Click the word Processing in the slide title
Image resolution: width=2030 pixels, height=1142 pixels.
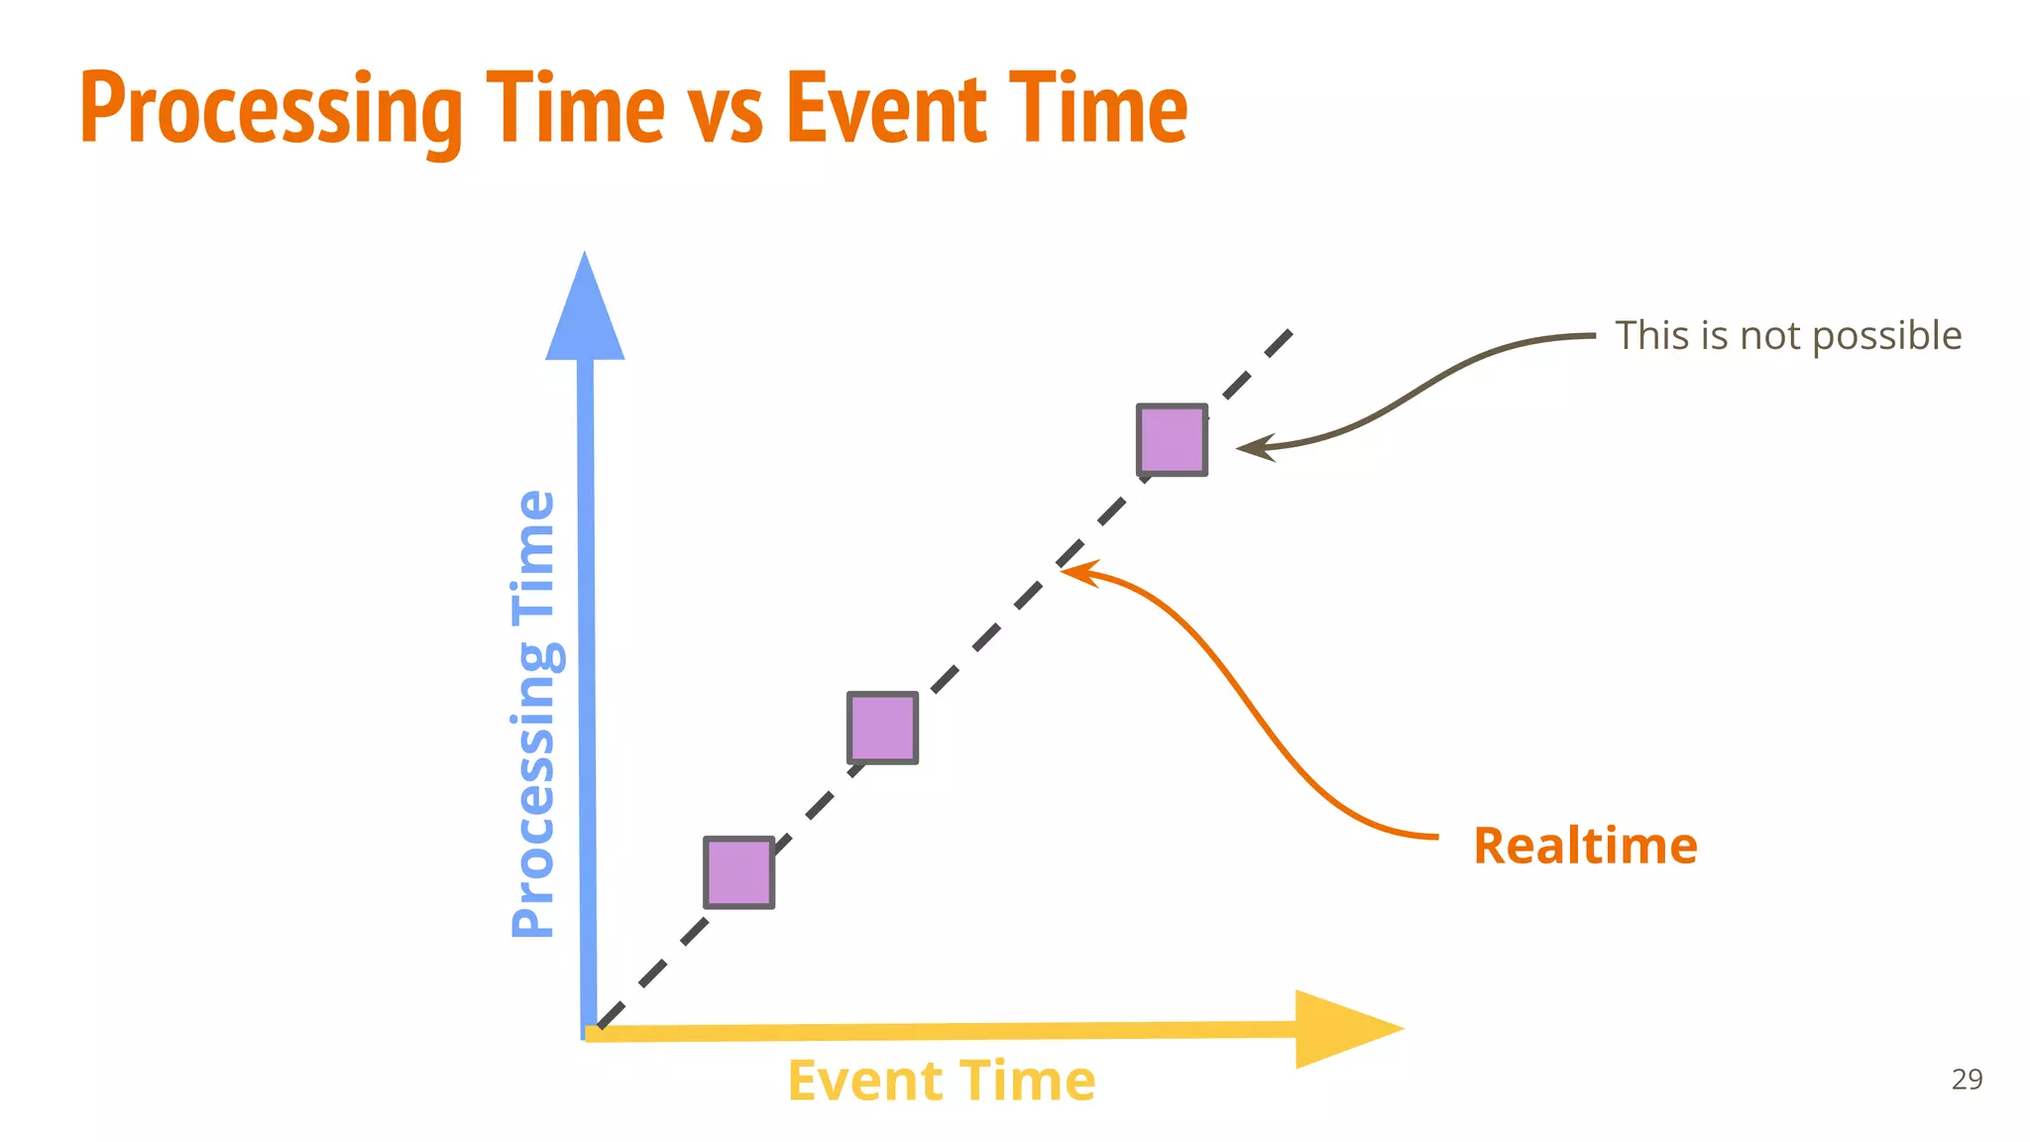(x=271, y=109)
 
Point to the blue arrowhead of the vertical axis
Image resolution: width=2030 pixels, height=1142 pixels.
(x=585, y=312)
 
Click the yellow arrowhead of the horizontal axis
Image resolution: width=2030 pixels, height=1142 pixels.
(x=1343, y=1029)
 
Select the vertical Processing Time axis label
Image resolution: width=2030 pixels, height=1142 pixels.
(x=535, y=714)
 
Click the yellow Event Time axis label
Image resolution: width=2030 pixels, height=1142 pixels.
(x=942, y=1081)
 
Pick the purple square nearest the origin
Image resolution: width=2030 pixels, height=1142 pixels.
(x=739, y=872)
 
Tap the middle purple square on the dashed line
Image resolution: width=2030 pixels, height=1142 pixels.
(x=883, y=728)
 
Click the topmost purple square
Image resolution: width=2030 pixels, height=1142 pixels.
(x=1173, y=439)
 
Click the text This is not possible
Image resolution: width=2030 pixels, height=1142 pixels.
(x=1788, y=336)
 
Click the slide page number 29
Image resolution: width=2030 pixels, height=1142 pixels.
(x=1967, y=1079)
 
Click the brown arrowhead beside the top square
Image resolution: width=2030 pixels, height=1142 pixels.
(x=1251, y=449)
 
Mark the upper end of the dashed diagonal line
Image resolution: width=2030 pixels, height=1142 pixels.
(x=1289, y=334)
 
